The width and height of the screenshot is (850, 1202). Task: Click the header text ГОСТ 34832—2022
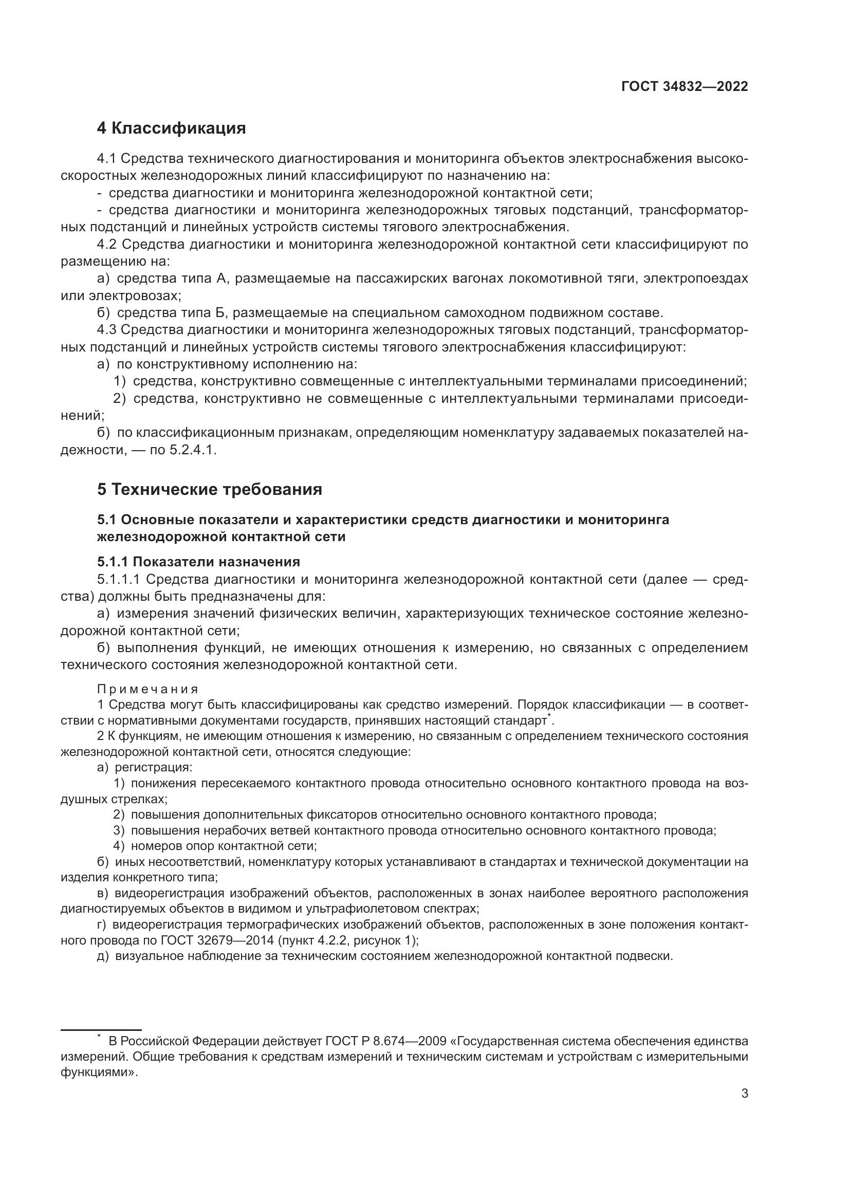click(684, 87)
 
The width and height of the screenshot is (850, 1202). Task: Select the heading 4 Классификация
click(171, 128)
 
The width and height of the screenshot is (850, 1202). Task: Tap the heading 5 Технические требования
click(209, 490)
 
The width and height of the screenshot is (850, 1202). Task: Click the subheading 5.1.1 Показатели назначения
click(198, 562)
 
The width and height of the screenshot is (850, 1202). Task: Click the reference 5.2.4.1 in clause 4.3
click(192, 450)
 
